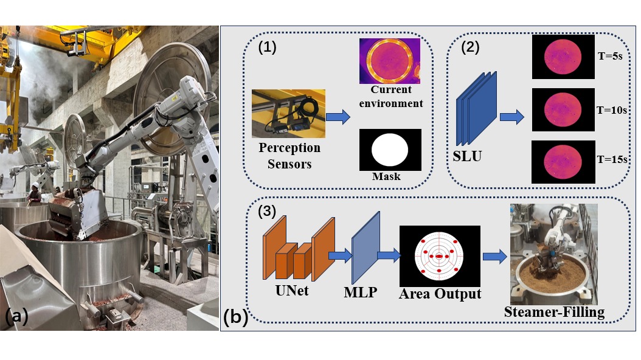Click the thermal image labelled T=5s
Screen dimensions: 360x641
(563, 57)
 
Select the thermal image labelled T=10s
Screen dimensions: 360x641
(563, 109)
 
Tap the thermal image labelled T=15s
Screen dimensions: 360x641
(563, 162)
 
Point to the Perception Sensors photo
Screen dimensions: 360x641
(288, 114)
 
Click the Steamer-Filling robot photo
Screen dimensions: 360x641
(553, 254)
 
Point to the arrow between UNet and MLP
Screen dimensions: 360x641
(342, 255)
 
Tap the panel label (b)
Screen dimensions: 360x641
(235, 317)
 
